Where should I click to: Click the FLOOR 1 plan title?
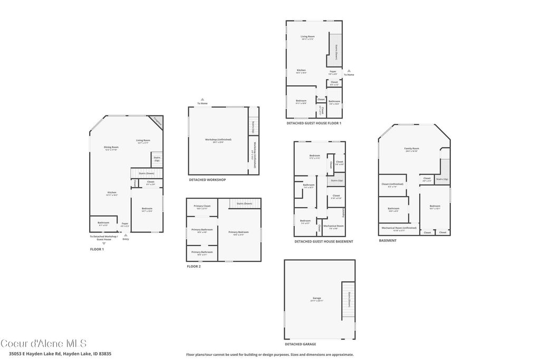[97, 249]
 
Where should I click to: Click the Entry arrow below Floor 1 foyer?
[125, 235]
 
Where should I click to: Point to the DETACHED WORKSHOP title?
[207, 180]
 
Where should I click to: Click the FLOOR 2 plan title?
[194, 267]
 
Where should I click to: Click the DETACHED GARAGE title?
[301, 344]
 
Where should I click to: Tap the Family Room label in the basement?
[411, 149]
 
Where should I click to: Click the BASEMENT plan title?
[388, 240]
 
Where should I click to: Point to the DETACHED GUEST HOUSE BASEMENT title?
[323, 241]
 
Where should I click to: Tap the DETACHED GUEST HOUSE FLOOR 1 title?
[314, 123]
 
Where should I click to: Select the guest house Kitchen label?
[301, 71]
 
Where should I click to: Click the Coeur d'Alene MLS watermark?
[43, 343]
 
